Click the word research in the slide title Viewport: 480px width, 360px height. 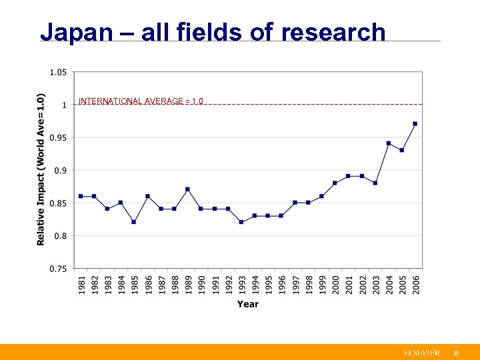333,32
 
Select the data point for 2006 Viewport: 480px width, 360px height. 415,123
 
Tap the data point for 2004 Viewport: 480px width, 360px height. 388,143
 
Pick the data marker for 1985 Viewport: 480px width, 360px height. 133,222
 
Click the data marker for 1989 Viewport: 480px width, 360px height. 187,189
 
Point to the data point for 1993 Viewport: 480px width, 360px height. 241,222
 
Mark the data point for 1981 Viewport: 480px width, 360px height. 80,196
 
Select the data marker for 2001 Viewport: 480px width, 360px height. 348,176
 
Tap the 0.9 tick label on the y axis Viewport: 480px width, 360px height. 60,171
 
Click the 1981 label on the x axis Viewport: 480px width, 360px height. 81,286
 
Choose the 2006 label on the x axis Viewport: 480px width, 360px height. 415,286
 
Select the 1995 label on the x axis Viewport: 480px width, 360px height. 268,286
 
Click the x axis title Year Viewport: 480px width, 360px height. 247,305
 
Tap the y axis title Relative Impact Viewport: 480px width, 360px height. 41,169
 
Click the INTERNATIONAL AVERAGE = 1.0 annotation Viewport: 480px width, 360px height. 141,101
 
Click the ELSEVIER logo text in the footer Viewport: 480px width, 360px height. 421,352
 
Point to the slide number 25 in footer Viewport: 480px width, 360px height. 456,352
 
